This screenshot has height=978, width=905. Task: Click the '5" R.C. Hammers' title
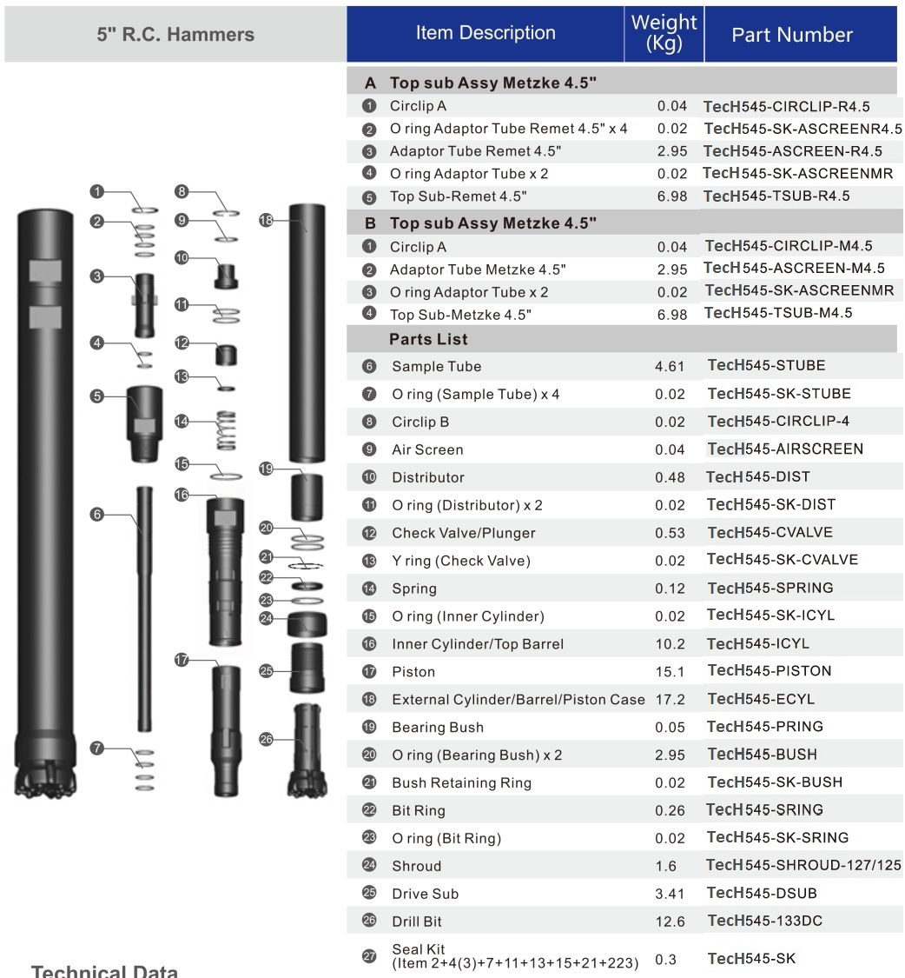tap(175, 35)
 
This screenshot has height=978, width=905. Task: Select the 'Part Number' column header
tap(792, 35)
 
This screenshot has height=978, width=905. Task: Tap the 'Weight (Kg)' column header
tap(664, 34)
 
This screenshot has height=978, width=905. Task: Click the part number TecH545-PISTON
tap(770, 670)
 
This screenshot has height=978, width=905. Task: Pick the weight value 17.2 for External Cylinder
tap(671, 699)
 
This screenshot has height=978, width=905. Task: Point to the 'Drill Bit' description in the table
tap(423, 921)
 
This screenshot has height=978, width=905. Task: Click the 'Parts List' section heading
tap(428, 339)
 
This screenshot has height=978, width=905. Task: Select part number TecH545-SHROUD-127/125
tap(804, 865)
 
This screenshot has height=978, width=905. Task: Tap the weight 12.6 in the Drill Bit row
tap(671, 921)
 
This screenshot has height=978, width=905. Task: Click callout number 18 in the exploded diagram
tap(267, 221)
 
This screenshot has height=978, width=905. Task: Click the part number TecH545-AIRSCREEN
tap(785, 449)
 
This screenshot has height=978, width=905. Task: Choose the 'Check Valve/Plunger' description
tap(463, 533)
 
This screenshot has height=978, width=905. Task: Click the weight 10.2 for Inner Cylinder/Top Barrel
tap(671, 644)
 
